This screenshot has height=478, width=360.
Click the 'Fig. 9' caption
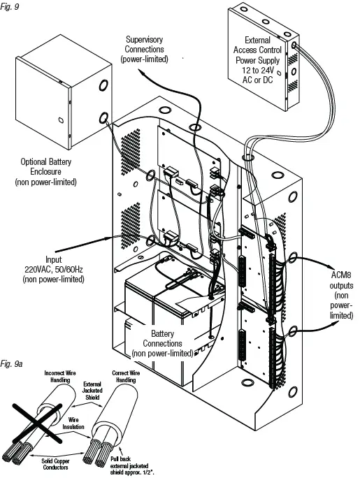click(10, 6)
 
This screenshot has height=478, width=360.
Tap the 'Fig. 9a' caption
click(12, 363)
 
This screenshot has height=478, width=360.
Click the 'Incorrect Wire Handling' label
click(60, 377)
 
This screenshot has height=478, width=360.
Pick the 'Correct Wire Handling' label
click(126, 377)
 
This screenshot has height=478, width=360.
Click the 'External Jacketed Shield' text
click(92, 391)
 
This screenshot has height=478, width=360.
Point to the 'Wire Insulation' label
click(73, 423)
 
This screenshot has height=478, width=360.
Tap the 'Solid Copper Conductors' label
click(55, 464)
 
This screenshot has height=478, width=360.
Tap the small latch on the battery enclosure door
click(61, 119)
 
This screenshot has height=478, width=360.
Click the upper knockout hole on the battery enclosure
click(103, 85)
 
